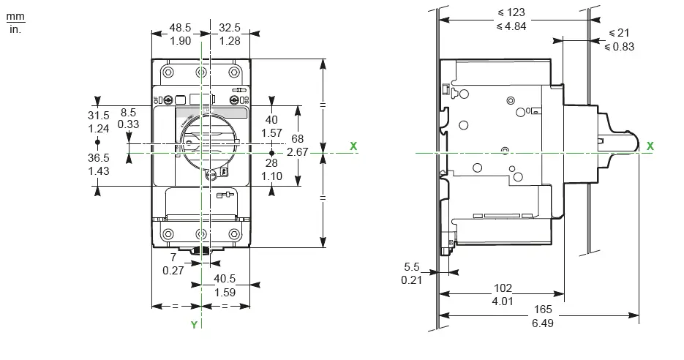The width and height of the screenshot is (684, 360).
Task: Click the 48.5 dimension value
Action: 180,28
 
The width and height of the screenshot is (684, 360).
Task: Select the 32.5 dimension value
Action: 230,28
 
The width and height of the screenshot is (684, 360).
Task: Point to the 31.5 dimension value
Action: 98,116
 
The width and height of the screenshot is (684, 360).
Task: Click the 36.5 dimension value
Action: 98,157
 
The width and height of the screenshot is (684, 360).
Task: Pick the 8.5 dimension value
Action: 128,113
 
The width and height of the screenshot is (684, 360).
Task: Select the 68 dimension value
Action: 297,139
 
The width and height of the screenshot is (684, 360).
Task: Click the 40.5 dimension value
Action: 225,279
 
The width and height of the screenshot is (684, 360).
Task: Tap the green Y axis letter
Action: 194,325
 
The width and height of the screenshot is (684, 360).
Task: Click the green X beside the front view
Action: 354,146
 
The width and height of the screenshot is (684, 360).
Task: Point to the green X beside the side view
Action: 650,146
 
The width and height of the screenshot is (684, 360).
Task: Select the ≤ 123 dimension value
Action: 510,13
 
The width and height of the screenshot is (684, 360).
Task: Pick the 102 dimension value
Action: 503,288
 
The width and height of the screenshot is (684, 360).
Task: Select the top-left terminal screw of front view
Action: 168,72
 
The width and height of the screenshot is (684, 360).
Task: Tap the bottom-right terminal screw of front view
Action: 234,234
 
